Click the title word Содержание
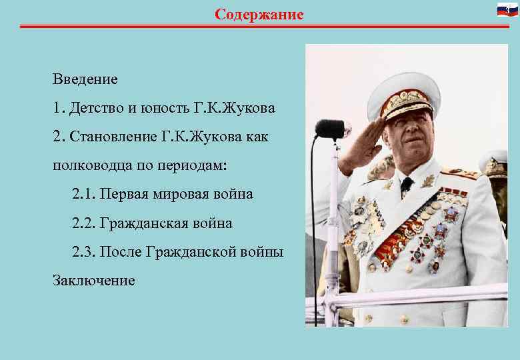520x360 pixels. click(259, 14)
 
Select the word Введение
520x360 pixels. click(85, 79)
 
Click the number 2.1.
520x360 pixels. click(84, 194)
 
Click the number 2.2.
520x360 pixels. click(84, 223)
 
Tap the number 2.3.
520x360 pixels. click(84, 252)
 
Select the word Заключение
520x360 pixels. click(93, 281)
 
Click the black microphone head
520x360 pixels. click(329, 127)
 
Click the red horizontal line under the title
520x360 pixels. click(260, 26)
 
